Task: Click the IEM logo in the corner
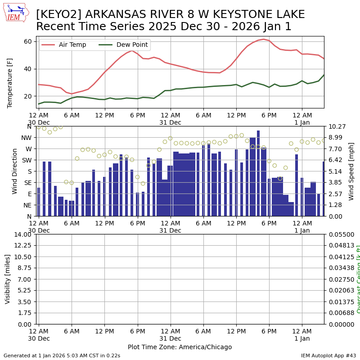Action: (x=16, y=12)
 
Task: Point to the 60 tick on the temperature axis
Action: (x=27, y=41)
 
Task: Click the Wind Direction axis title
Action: (x=15, y=171)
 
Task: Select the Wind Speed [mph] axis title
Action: (x=351, y=171)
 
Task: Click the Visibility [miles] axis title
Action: (x=8, y=279)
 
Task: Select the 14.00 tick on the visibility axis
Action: (x=23, y=234)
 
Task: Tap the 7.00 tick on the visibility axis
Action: (x=25, y=279)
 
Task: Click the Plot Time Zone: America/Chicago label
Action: (x=180, y=347)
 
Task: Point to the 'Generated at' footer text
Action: (x=62, y=355)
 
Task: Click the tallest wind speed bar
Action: (x=258, y=173)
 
